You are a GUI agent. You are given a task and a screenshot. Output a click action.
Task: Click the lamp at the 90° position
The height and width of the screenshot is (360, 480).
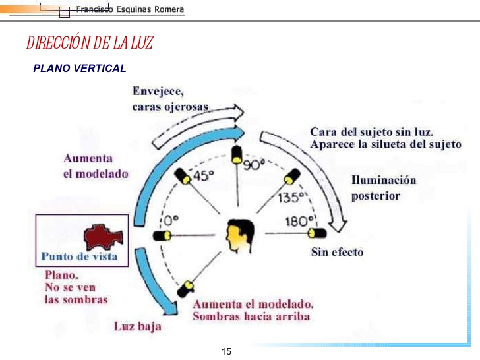pyautogui.click(x=236, y=154)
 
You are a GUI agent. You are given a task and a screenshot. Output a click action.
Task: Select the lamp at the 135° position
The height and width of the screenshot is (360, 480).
pyautogui.click(x=290, y=178)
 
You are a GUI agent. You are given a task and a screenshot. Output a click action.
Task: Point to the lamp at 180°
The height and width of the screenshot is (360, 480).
pyautogui.click(x=316, y=233)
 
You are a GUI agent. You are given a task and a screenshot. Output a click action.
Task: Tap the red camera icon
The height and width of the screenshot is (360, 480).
pyautogui.click(x=99, y=235)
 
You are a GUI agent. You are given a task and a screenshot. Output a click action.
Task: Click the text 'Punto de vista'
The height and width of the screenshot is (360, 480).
pyautogui.click(x=80, y=256)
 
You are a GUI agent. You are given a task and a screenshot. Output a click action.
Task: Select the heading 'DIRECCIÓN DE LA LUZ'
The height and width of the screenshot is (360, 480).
pyautogui.click(x=90, y=44)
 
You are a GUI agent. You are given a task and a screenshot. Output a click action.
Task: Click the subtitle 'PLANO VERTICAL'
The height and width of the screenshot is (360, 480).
pyautogui.click(x=79, y=68)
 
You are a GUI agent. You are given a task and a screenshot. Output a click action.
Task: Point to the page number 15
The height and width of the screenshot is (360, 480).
pyautogui.click(x=227, y=351)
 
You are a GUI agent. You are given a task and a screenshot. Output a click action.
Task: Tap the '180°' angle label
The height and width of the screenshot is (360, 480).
pyautogui.click(x=297, y=221)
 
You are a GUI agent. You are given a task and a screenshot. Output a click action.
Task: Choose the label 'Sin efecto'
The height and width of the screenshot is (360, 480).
pyautogui.click(x=336, y=251)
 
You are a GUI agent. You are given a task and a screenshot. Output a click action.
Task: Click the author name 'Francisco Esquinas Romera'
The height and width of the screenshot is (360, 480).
pyautogui.click(x=130, y=11)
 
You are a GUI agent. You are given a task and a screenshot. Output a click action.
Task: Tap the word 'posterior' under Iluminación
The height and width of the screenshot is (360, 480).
pyautogui.click(x=375, y=196)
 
